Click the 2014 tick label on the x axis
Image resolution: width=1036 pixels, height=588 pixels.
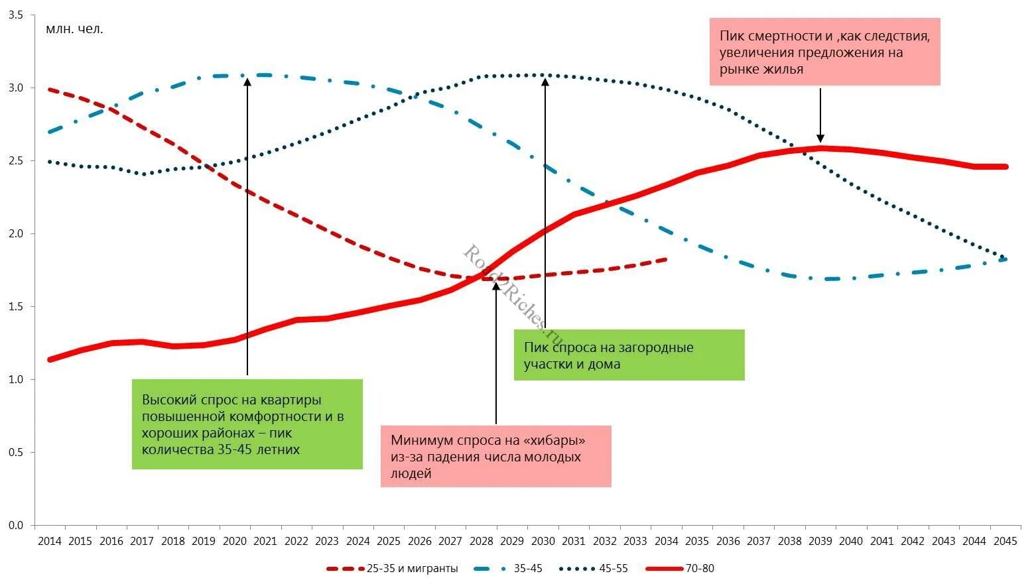[50, 541]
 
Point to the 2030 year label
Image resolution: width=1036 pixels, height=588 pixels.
[543, 541]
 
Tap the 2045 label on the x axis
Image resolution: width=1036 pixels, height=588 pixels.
[1005, 541]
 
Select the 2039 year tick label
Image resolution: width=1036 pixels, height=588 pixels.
[820, 541]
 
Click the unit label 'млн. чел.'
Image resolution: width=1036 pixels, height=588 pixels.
[74, 29]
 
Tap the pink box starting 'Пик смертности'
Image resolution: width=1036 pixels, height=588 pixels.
[824, 52]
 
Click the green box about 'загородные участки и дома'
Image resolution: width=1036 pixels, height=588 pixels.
[629, 355]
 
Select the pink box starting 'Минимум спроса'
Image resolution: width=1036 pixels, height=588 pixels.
[495, 457]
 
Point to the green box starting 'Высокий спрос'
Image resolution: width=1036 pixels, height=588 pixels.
[247, 424]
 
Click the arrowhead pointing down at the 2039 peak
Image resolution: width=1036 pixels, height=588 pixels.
[820, 139]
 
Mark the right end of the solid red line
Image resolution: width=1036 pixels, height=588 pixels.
[1005, 166]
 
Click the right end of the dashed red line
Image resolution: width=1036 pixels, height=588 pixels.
[665, 259]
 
